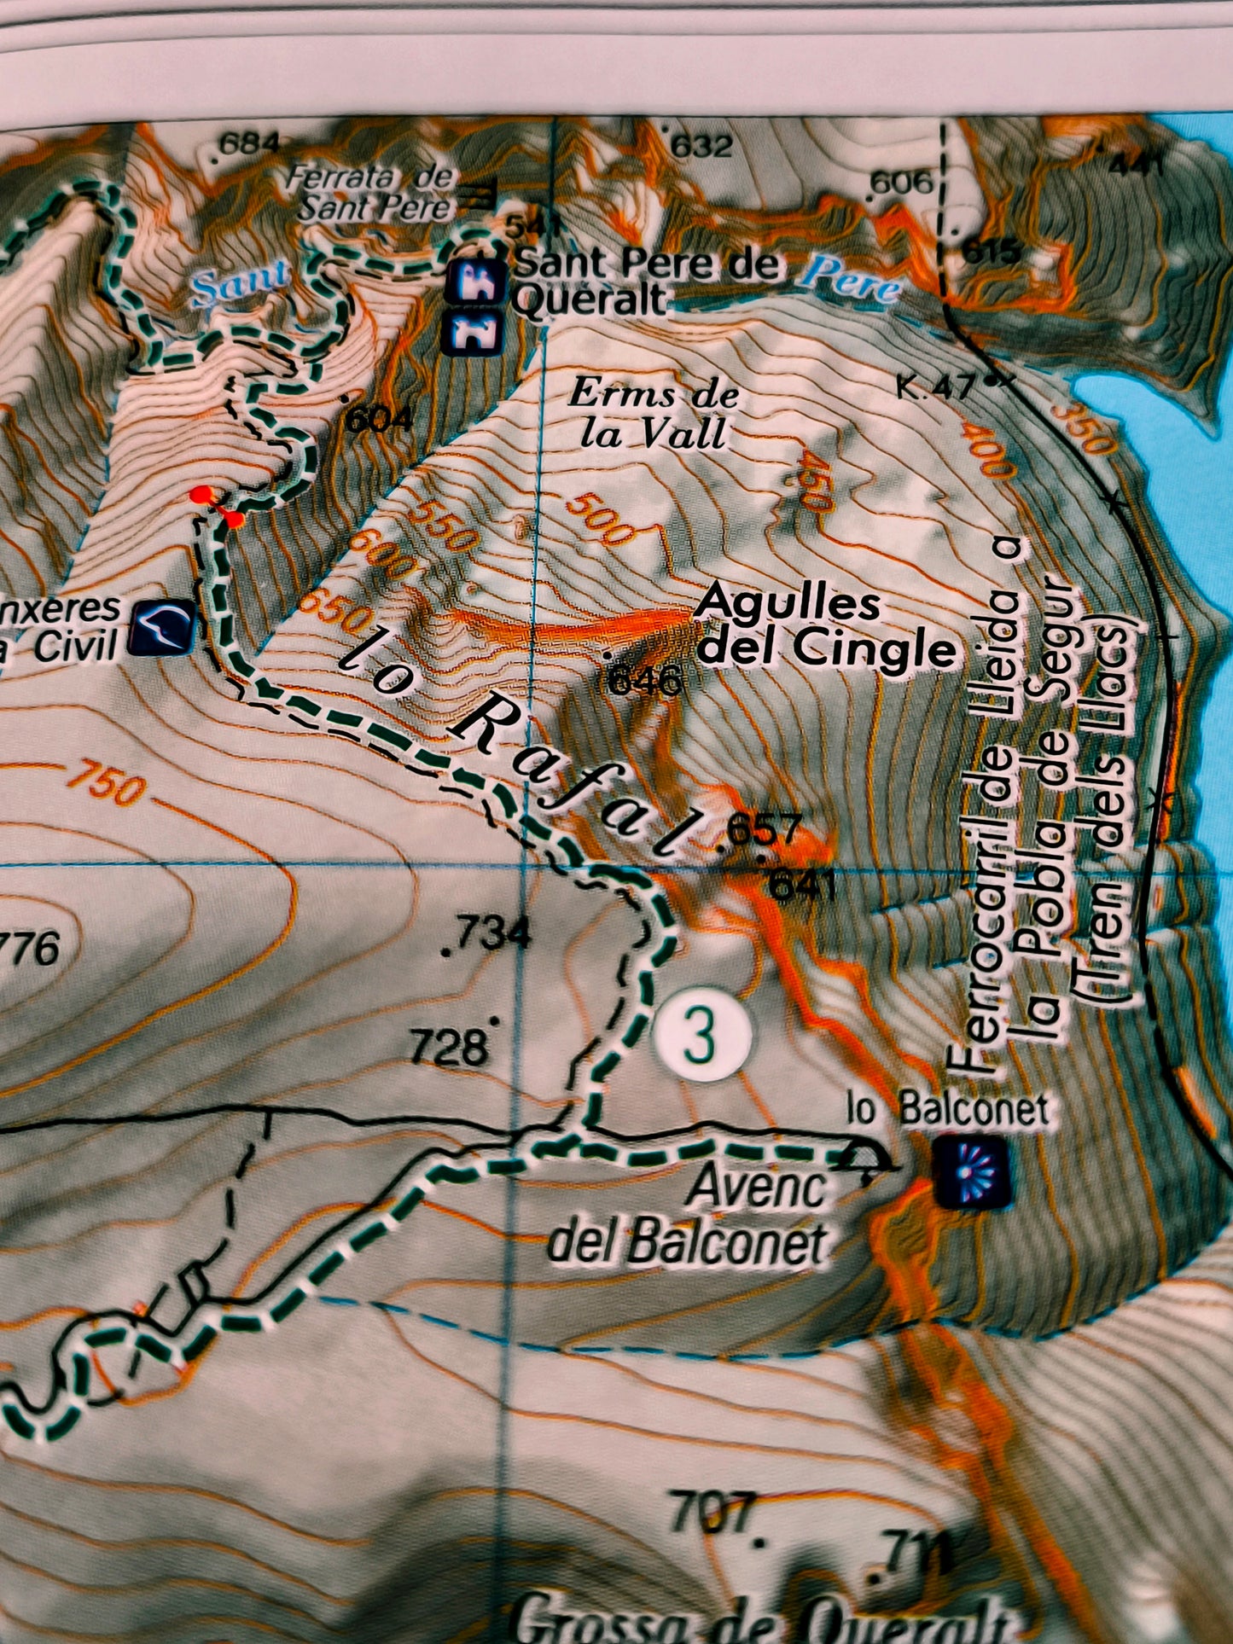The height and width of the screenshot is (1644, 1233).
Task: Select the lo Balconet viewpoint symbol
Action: [972, 1174]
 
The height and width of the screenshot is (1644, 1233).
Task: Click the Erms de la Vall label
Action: [654, 414]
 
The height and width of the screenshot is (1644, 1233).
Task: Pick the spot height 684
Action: [247, 143]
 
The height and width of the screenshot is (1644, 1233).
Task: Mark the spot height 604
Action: [378, 418]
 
